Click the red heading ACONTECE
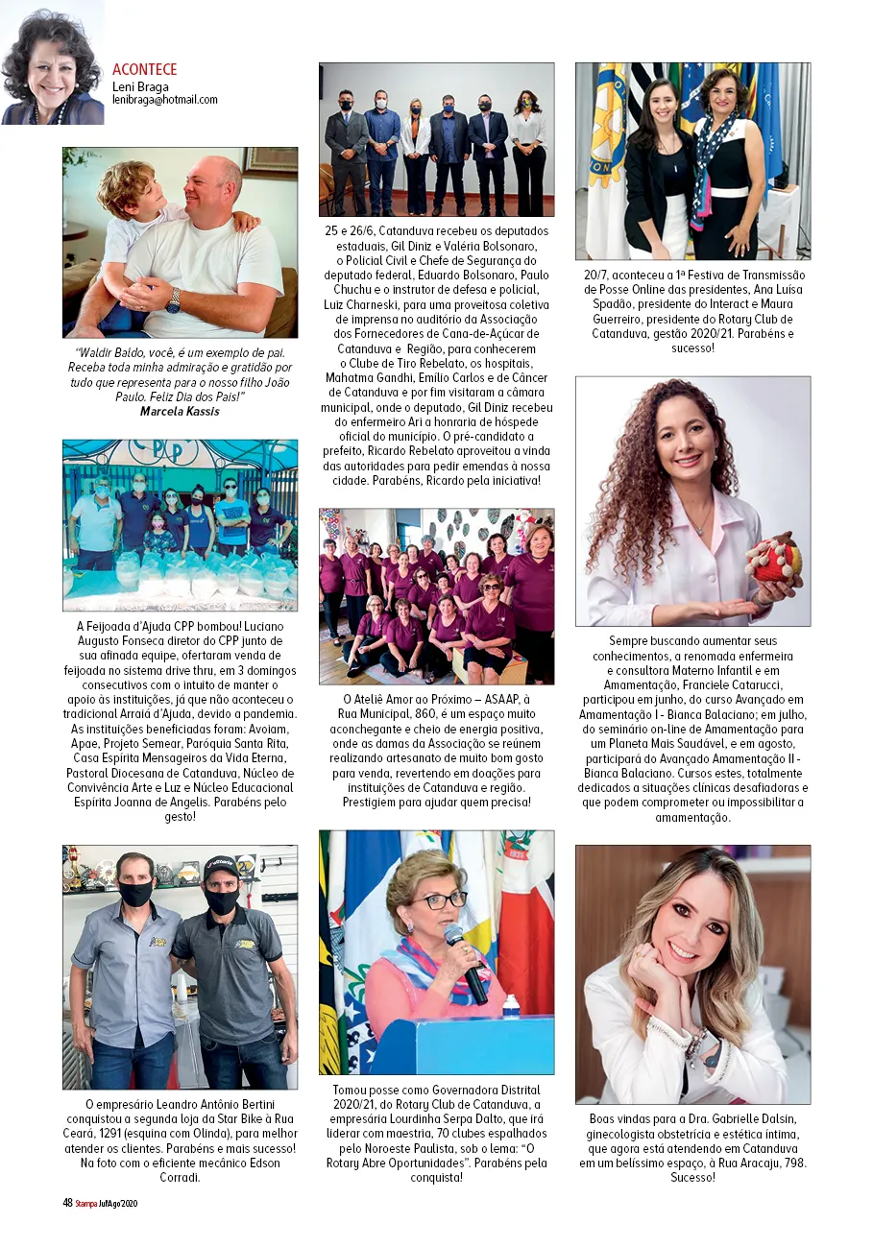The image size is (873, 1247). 145,70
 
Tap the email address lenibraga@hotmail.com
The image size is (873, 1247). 165,100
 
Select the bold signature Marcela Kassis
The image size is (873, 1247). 180,411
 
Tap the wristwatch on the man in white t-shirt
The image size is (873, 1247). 173,301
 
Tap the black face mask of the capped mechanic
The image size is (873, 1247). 222,899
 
